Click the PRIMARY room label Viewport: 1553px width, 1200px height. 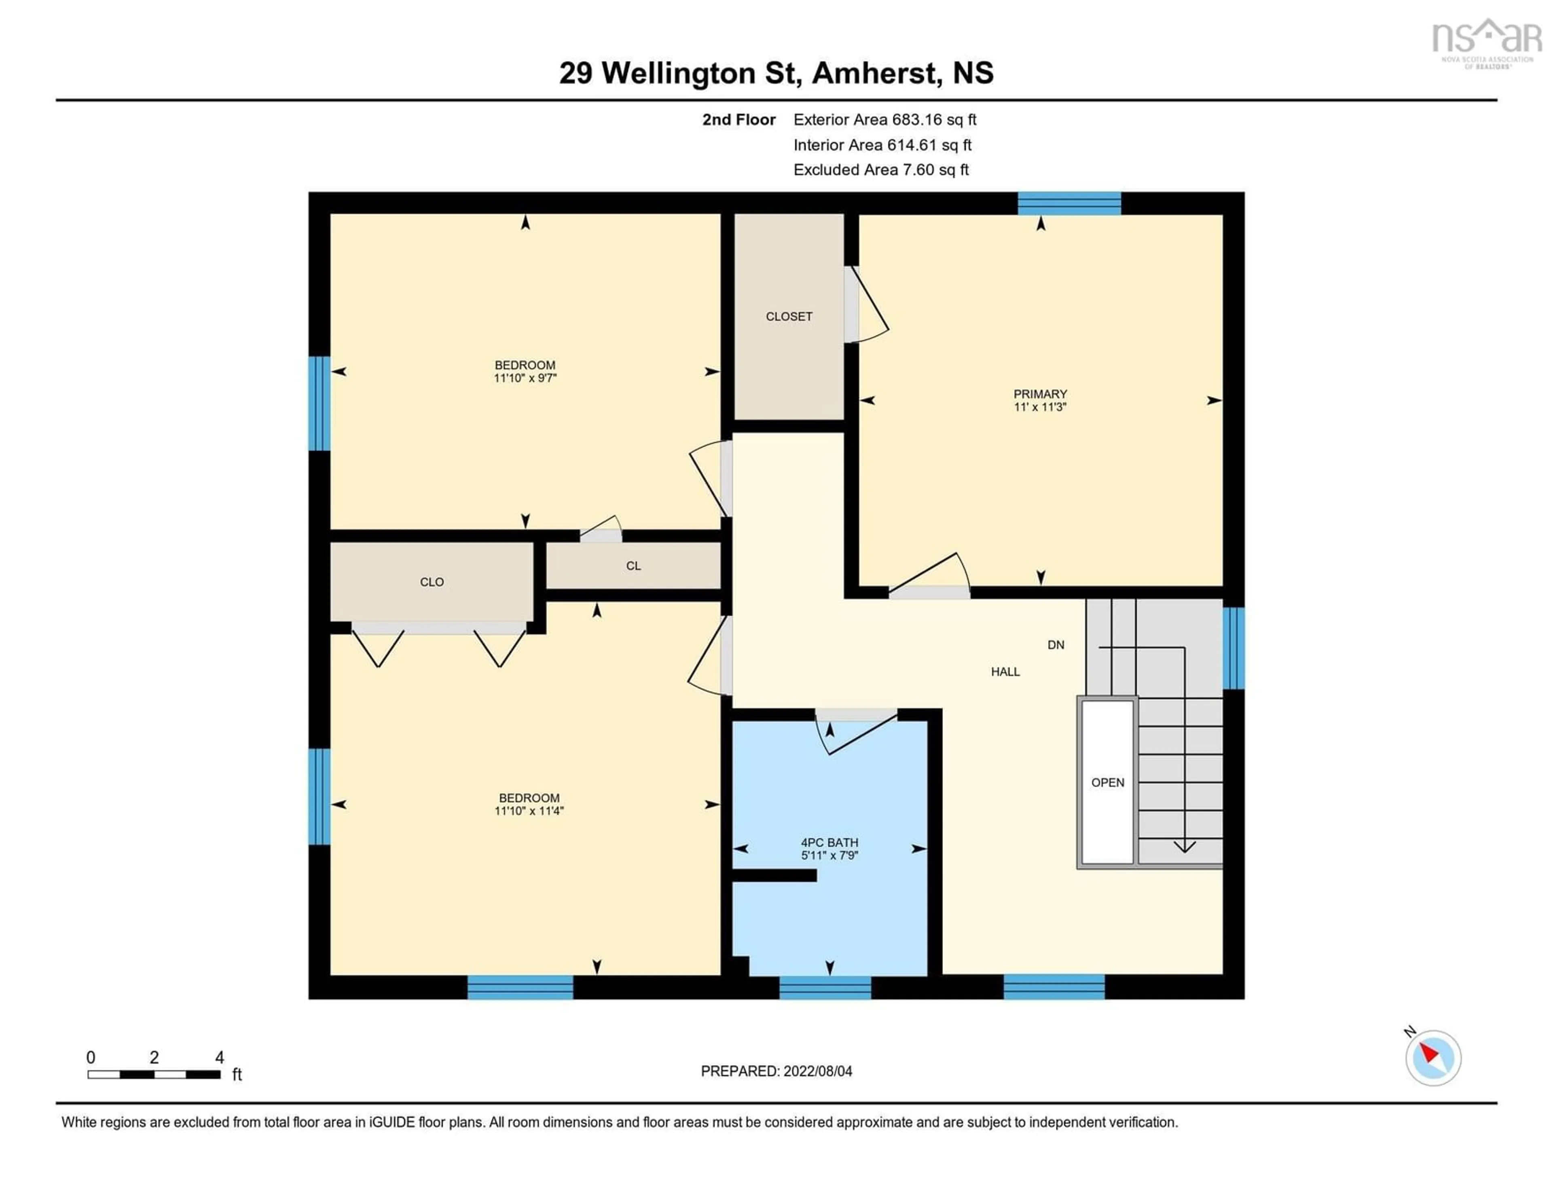tap(1040, 394)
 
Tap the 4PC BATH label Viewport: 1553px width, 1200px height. tap(829, 842)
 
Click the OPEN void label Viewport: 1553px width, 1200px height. tap(1107, 782)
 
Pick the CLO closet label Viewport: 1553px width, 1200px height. tap(432, 582)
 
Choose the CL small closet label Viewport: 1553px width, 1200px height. tap(633, 566)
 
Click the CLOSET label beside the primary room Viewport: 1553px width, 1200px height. tap(789, 316)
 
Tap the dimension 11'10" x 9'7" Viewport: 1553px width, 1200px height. tap(525, 378)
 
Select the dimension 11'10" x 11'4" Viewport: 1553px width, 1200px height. tap(529, 811)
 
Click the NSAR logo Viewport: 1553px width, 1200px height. tap(1486, 42)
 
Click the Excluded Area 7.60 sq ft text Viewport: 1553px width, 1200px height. tap(881, 170)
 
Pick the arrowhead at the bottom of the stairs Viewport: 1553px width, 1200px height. tap(1184, 846)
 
